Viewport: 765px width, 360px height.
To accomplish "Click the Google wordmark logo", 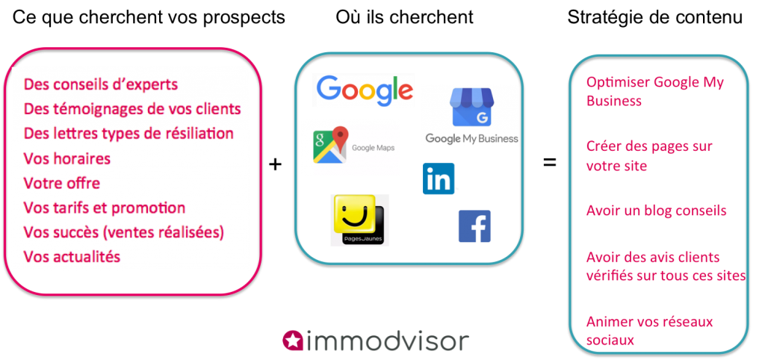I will click(x=363, y=90).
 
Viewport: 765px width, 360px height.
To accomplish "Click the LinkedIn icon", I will click(x=439, y=179).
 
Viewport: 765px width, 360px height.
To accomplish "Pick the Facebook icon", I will click(x=474, y=226).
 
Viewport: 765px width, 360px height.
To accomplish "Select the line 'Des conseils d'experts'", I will click(x=101, y=85).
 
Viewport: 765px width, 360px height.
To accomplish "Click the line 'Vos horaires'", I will click(x=67, y=158).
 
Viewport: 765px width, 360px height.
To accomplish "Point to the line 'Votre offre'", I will click(x=62, y=183).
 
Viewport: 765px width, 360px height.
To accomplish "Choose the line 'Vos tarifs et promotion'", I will click(x=105, y=208).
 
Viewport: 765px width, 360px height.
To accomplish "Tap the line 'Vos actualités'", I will click(x=72, y=256).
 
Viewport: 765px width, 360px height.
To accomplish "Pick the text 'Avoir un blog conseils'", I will click(x=657, y=211).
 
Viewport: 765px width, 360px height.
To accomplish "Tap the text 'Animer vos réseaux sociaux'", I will click(x=649, y=331).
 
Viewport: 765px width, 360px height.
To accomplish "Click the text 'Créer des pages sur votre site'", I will click(x=649, y=156).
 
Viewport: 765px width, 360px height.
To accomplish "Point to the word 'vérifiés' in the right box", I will click(x=609, y=276).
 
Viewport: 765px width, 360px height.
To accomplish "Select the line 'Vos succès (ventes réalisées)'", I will click(x=123, y=232).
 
